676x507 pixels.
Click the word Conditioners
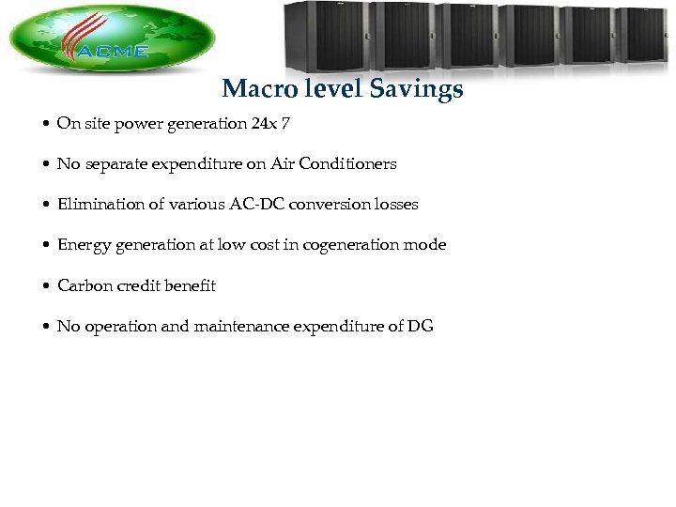coord(351,164)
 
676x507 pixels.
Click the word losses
coord(396,205)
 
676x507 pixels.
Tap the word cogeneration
coord(361,245)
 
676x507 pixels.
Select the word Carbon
coord(82,285)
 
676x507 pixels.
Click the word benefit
coord(191,285)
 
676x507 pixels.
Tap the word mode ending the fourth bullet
coord(427,245)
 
